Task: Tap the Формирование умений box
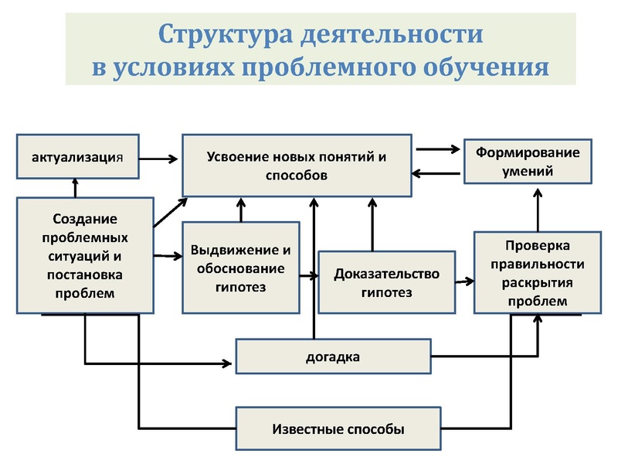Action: pyautogui.click(x=517, y=160)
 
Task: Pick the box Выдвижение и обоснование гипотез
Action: pyautogui.click(x=240, y=268)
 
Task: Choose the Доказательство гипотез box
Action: pyautogui.click(x=386, y=282)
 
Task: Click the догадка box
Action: pyautogui.click(x=332, y=357)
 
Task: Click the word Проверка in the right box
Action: pyautogui.click(x=538, y=246)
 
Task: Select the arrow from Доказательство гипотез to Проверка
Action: pyautogui.click(x=464, y=282)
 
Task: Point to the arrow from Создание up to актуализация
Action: pyautogui.click(x=75, y=186)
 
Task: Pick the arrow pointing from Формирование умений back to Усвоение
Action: pyautogui.click(x=437, y=173)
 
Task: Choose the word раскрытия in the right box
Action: pyautogui.click(x=538, y=282)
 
